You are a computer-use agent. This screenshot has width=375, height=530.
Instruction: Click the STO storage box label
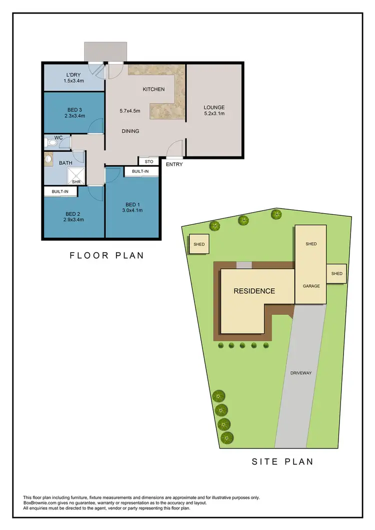click(x=148, y=161)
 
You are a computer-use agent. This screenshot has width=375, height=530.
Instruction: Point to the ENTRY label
click(x=174, y=164)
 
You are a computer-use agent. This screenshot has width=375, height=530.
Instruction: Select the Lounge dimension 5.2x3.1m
click(x=214, y=113)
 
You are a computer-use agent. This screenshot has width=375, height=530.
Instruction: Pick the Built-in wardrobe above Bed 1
click(x=140, y=171)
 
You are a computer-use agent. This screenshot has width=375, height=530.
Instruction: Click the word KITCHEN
click(x=153, y=89)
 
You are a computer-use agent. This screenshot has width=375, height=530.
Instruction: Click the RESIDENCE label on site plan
click(x=254, y=291)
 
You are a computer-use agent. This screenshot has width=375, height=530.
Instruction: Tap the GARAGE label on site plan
click(x=311, y=286)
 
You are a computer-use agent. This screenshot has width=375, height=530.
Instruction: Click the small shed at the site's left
click(x=198, y=244)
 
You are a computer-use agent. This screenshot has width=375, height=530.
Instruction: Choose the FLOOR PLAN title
click(x=106, y=255)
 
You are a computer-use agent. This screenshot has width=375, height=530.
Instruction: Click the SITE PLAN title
click(x=282, y=462)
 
